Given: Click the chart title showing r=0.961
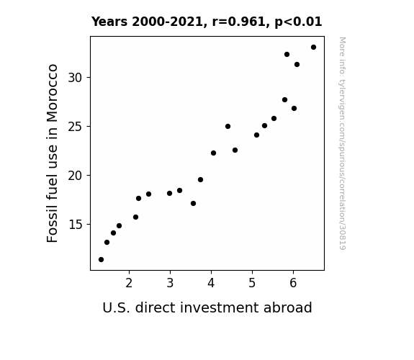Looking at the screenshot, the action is (x=207, y=22).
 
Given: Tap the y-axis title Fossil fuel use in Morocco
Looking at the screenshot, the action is (x=52, y=153).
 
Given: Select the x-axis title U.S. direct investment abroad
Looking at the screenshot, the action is (x=207, y=307).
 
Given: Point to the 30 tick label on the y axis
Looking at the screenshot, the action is (x=76, y=78).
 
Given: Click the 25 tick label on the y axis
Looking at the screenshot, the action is (x=76, y=127).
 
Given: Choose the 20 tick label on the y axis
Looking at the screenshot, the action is (x=76, y=176).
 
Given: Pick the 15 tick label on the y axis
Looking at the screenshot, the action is (x=76, y=225).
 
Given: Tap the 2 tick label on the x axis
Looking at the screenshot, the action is (x=129, y=283).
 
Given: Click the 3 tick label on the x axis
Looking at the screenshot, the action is (x=170, y=283).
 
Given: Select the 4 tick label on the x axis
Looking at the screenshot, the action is (x=211, y=283).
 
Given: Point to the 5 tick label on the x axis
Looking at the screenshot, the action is (x=252, y=283).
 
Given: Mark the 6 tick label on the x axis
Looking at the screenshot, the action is (x=293, y=283).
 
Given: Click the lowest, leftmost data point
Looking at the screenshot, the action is (x=101, y=260).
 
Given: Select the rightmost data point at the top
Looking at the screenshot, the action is (x=313, y=48).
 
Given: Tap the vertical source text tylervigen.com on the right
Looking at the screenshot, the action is (x=342, y=143).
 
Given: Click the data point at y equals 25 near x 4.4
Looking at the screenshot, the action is (x=228, y=127).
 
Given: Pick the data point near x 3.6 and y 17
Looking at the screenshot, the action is (x=193, y=203).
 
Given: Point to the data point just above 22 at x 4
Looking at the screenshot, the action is (x=213, y=153).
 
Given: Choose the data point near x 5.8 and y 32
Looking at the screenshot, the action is (x=287, y=55).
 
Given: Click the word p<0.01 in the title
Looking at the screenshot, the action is (x=298, y=22).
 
